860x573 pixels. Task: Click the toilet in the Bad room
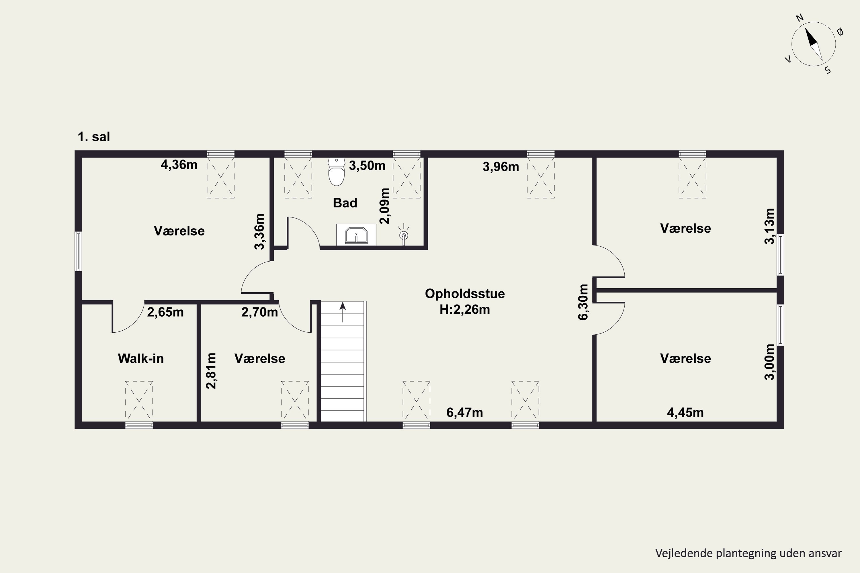click(336, 171)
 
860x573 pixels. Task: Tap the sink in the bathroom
click(356, 235)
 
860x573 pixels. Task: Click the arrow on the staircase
click(343, 312)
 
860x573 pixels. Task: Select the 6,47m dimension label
click(464, 413)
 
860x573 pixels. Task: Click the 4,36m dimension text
click(179, 165)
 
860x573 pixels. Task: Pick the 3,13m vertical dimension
click(769, 226)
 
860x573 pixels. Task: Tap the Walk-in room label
click(141, 358)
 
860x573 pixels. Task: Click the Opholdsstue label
click(465, 293)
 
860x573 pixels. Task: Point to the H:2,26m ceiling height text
click(464, 309)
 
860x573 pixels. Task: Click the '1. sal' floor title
click(94, 137)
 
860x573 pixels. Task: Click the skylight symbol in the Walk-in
click(139, 400)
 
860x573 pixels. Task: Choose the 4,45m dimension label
click(685, 413)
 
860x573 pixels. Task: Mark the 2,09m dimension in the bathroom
click(385, 206)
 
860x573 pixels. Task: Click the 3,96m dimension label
click(501, 167)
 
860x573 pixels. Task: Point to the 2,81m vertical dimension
click(211, 370)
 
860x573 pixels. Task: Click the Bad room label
click(345, 203)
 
